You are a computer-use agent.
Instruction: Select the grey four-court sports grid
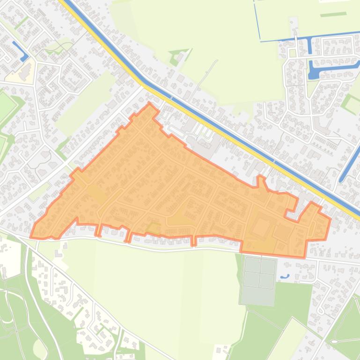[259, 273]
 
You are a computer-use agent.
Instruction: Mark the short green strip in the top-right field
[333, 14]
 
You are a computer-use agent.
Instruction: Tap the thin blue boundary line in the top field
[257, 21]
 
